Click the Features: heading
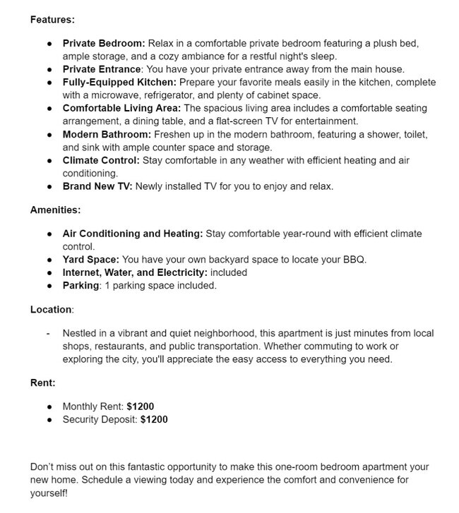click(52, 19)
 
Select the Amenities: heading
click(55, 210)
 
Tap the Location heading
click(52, 309)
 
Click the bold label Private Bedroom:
click(104, 43)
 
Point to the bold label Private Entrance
click(102, 69)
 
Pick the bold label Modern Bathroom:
click(107, 134)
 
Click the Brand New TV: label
click(97, 186)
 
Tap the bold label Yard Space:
click(90, 259)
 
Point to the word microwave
click(117, 95)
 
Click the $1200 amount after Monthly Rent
click(140, 406)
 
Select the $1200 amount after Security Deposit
click(154, 419)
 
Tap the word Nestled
click(81, 332)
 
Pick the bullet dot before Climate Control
click(49, 160)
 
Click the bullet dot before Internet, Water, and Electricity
click(49, 272)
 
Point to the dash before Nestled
click(48, 332)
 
